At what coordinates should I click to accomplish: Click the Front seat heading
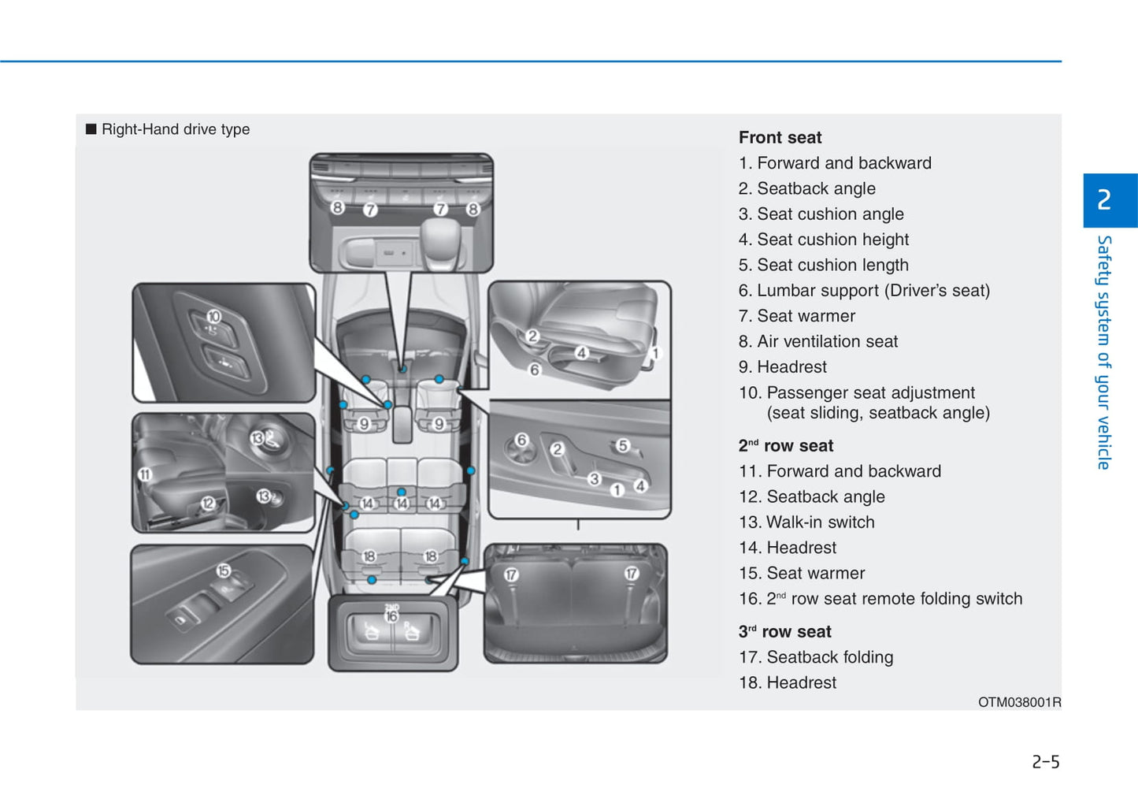point(780,138)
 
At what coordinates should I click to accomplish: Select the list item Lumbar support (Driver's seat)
point(864,291)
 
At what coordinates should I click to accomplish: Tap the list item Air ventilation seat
point(818,341)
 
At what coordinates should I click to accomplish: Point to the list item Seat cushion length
point(823,265)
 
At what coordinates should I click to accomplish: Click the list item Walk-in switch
point(806,522)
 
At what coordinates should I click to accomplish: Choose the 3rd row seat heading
point(784,632)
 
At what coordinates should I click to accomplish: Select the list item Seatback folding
point(816,657)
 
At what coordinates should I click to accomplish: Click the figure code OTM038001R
point(1019,702)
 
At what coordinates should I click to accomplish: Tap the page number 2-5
point(1045,762)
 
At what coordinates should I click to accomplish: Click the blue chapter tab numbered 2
point(1104,200)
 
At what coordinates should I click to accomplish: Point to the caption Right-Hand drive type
point(175,129)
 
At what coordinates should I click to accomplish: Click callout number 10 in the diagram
point(213,317)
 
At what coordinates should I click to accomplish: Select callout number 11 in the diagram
point(145,474)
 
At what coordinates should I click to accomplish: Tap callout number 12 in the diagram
point(208,503)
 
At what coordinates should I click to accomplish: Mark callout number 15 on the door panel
point(224,571)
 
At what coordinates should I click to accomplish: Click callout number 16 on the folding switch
point(391,616)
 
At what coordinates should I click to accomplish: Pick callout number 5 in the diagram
point(622,446)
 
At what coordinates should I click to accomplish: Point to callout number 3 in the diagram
point(595,479)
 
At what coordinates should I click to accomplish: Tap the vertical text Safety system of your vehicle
point(1104,352)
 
